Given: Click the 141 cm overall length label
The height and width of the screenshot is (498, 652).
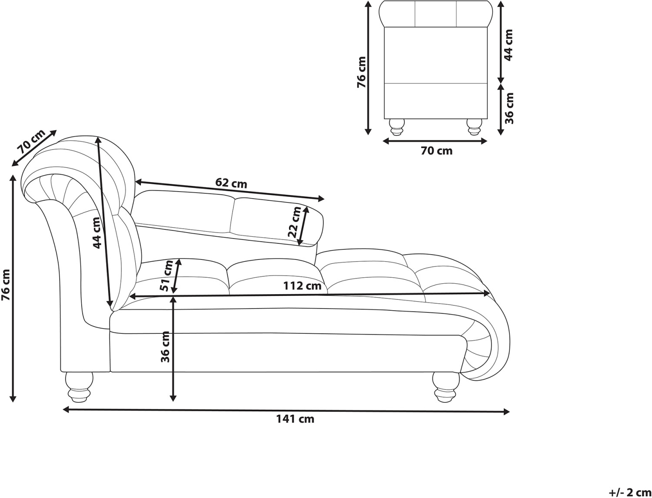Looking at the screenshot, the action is coord(295,419).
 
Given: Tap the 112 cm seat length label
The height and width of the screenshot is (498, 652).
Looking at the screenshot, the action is coord(302,286).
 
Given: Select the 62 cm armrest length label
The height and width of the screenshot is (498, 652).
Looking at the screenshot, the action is coord(231,183).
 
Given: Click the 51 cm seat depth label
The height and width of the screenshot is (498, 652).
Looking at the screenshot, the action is coord(166,276).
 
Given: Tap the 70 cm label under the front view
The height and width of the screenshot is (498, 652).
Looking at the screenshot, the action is coord(436,151).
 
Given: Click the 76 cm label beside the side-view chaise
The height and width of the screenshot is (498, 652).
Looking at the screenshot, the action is coord(6,285).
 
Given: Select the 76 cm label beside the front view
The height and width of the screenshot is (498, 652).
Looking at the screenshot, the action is coord(361,72).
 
